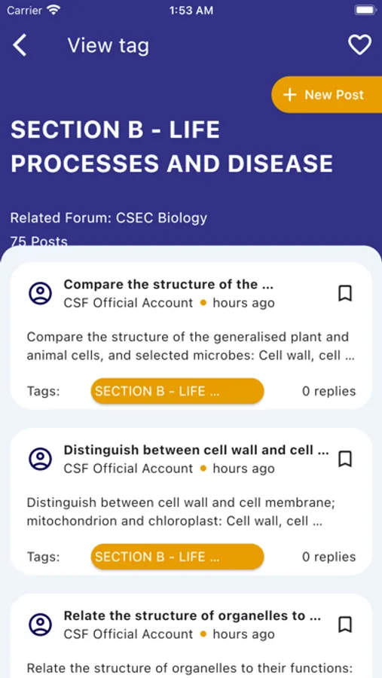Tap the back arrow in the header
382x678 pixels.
pos(20,45)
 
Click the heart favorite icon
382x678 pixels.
pos(359,45)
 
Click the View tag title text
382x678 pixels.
pos(108,45)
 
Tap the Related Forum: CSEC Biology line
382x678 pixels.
pos(108,218)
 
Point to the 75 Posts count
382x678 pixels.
pos(39,241)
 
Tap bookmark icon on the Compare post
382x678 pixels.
pos(345,293)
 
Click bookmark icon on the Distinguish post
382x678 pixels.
pos(345,459)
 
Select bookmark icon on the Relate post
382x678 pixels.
pos(345,625)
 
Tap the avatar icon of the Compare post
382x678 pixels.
pos(40,293)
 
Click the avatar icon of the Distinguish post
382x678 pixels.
pos(40,459)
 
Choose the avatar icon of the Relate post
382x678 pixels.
pos(40,625)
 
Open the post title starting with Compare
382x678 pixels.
pos(168,284)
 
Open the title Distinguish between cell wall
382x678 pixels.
pos(196,450)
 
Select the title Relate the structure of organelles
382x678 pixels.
pos(192,615)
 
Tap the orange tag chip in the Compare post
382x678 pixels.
pos(177,391)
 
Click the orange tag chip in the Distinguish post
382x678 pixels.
pos(177,557)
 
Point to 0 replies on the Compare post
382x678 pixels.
pos(329,391)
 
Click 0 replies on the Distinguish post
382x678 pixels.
pos(329,557)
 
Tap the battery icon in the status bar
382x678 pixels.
pos(365,10)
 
